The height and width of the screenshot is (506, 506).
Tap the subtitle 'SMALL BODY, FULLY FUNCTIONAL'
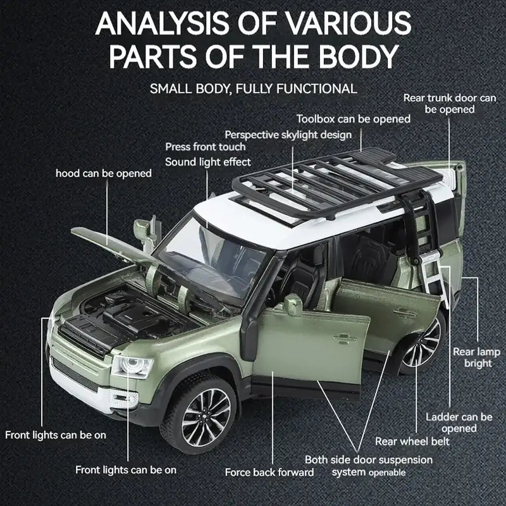253,88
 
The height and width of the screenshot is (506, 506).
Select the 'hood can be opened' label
104,173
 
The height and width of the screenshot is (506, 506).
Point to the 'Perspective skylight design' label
288,134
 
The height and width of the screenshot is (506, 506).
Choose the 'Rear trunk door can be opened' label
449,104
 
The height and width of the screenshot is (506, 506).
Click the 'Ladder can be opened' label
459,423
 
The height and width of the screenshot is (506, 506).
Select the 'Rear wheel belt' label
412,441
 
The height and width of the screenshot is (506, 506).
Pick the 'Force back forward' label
269,472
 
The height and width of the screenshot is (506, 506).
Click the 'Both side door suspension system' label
369,466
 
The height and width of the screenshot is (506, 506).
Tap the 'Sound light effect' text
208,162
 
